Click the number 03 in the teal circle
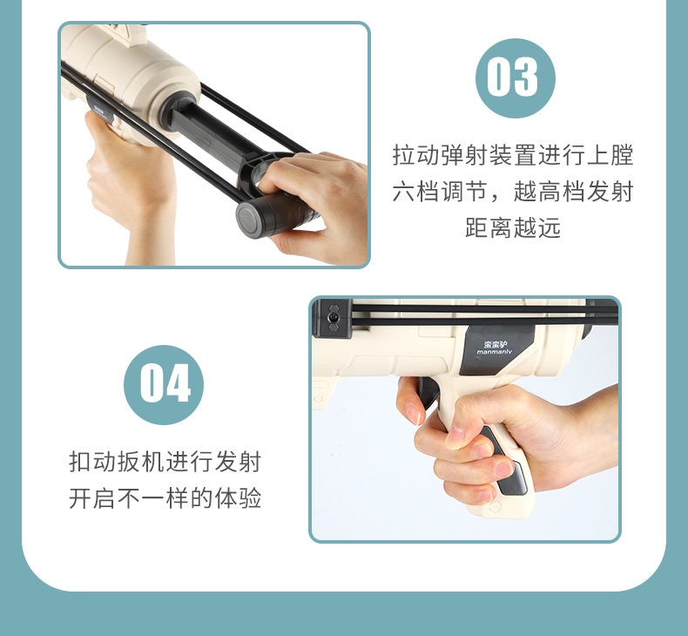514,78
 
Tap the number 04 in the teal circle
164,383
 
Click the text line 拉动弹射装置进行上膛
513,157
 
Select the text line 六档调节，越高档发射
513,193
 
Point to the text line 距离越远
513,228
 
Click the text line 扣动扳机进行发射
165,462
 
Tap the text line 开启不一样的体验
165,498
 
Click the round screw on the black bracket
333,319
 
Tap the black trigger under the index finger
427,396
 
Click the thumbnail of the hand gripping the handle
456,433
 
